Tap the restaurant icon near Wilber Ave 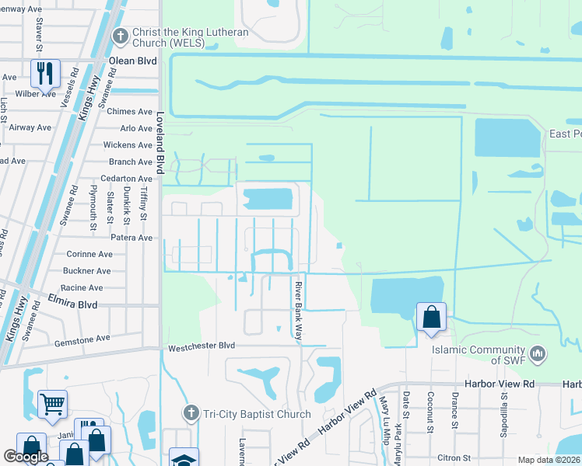click(x=44, y=74)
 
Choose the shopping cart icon click(x=52, y=404)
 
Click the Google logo click(x=26, y=457)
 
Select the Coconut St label click(x=429, y=409)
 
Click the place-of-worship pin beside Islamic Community click(x=536, y=354)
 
